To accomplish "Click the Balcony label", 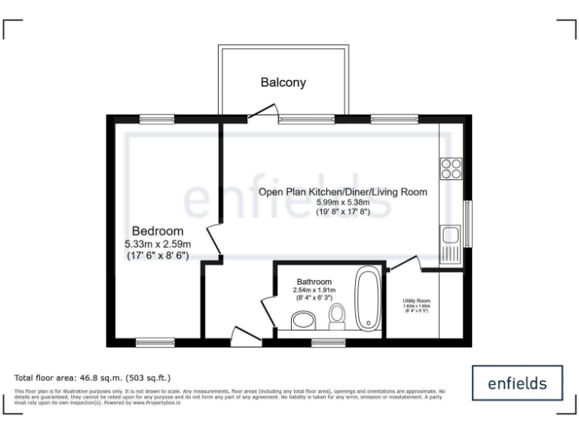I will tap(283, 83).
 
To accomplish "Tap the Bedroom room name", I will tap(158, 231).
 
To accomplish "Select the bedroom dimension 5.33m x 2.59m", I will tap(158, 244).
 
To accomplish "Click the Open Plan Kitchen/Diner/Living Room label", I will tap(343, 192).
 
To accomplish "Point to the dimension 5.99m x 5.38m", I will tap(343, 203).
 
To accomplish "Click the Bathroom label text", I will tap(314, 282).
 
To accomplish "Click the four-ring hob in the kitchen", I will tap(451, 169).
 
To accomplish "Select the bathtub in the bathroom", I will tap(369, 300).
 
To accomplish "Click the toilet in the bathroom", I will tap(337, 316).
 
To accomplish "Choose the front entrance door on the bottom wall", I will tap(246, 338).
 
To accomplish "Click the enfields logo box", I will tap(517, 384).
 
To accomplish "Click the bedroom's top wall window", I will tap(157, 118).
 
